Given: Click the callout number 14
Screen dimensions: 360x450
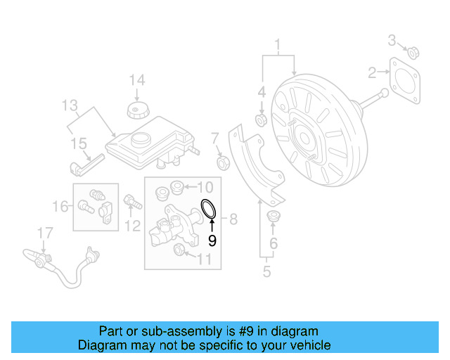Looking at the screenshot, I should [136, 79].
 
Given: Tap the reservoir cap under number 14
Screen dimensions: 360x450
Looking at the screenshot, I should [136, 110].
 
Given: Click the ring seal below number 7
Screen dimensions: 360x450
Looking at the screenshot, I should [224, 164].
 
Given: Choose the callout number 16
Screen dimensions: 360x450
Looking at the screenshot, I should [62, 206].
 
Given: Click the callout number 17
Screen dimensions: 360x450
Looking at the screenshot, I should [45, 231].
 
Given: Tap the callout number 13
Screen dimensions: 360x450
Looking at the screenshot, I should [68, 106].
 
